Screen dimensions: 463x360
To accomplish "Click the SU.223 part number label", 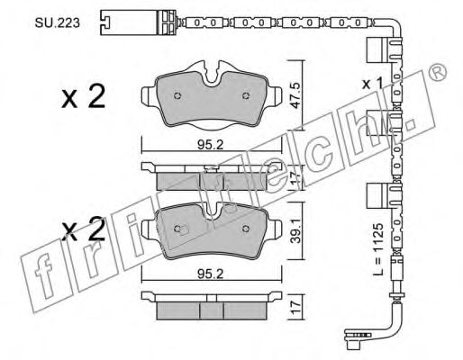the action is click(58, 22).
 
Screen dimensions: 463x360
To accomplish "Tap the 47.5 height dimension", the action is click(295, 95).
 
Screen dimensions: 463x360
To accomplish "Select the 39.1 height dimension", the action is click(295, 230).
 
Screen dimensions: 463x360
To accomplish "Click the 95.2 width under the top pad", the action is click(211, 146).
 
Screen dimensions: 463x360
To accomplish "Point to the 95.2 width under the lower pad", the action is click(211, 274).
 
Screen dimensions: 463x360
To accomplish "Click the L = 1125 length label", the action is click(379, 248).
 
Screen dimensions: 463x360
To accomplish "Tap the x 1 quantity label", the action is click(372, 84).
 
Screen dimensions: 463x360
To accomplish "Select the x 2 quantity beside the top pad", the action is click(84, 96).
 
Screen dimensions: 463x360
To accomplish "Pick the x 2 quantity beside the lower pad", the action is click(84, 229).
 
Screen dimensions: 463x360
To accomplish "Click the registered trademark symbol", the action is click(438, 72).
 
